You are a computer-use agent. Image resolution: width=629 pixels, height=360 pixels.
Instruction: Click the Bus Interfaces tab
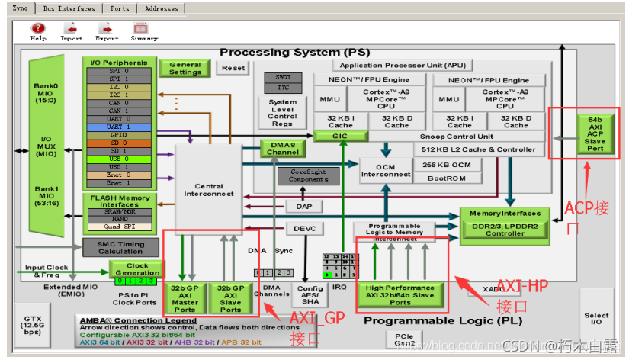point(69,8)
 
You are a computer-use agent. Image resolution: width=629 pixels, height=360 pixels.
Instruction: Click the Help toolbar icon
point(37,31)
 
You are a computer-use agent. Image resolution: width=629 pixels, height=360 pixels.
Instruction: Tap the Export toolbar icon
point(106,31)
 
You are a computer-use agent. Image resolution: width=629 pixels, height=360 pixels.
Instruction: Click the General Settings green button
point(185,68)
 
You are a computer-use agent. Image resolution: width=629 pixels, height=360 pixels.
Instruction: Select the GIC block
point(339,136)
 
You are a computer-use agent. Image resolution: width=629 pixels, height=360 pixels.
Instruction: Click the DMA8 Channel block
point(282,148)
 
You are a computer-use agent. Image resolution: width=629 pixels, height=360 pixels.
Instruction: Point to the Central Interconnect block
point(208,189)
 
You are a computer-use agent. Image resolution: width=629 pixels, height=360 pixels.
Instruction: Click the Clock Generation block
point(136,269)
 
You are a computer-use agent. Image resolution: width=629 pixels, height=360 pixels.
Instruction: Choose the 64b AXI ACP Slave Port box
point(595,133)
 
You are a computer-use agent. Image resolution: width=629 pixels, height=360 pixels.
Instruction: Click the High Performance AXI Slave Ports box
point(400,295)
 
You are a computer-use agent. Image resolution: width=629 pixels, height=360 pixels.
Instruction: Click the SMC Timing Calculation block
point(120,247)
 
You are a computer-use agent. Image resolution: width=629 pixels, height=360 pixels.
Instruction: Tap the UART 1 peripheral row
point(118,127)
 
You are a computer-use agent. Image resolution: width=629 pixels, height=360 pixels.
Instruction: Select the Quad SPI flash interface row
point(118,226)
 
